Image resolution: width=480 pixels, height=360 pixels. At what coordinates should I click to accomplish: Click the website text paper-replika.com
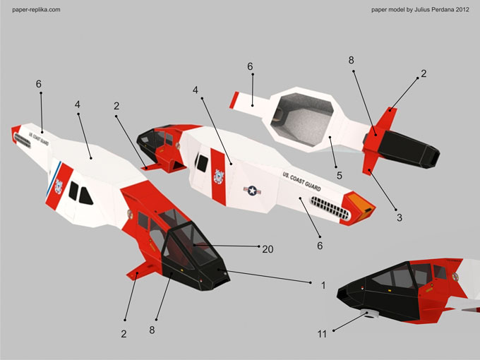36,10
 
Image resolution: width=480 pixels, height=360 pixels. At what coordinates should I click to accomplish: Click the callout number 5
339,175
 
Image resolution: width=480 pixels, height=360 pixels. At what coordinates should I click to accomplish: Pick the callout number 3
399,217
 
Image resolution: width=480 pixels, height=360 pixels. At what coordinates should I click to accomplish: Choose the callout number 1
322,285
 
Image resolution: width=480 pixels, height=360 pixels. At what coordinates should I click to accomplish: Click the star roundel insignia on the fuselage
251,190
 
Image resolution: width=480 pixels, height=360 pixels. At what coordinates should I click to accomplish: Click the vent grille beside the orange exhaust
329,208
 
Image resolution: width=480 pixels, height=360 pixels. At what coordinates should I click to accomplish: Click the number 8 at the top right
352,60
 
